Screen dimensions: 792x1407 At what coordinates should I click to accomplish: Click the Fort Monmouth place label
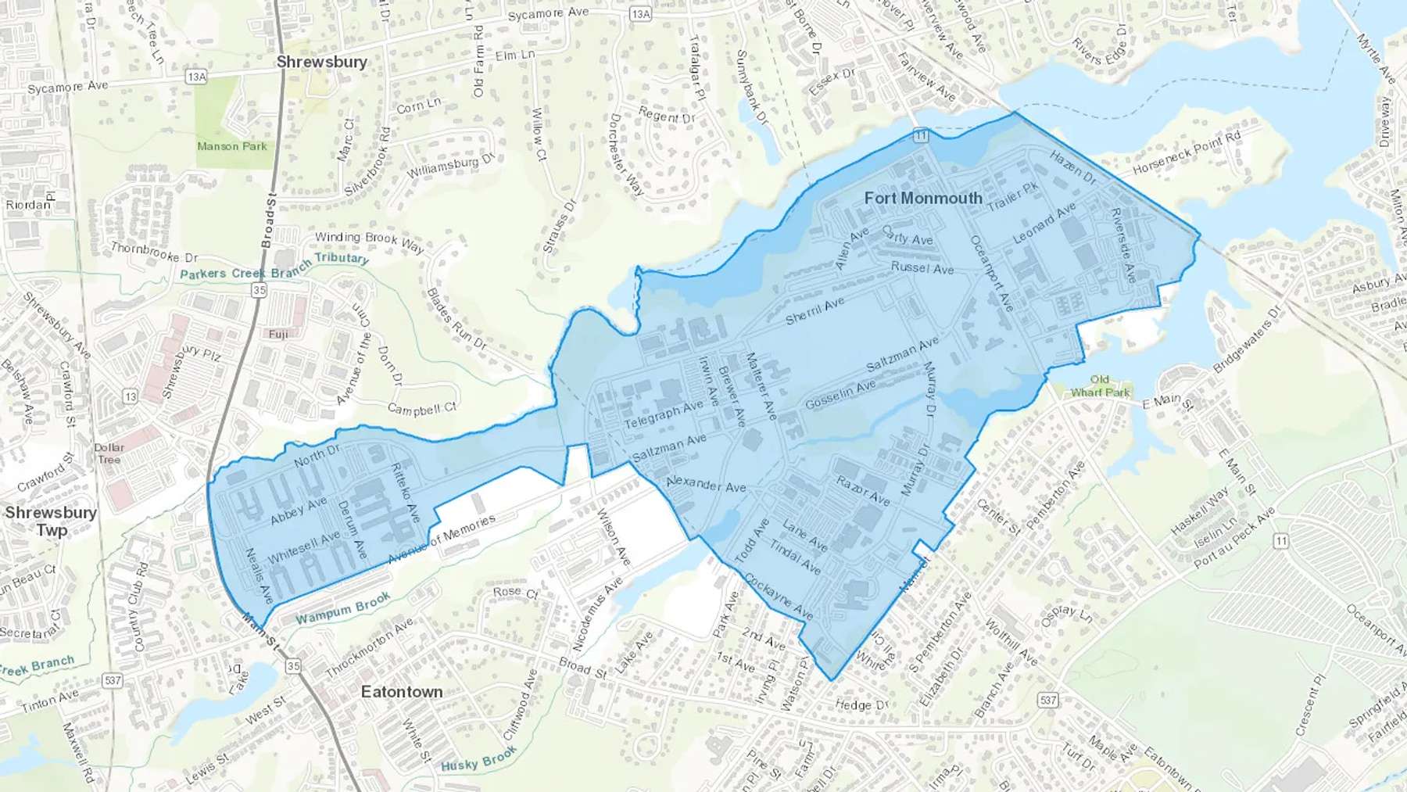[x=923, y=199]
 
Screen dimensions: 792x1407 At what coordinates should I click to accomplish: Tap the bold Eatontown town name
[x=402, y=692]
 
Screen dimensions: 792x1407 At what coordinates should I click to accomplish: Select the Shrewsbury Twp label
[x=51, y=521]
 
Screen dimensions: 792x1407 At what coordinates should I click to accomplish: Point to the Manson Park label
[x=232, y=146]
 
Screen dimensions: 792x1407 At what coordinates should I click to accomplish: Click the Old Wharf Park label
[x=1100, y=386]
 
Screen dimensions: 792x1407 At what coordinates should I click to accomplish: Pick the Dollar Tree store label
[x=109, y=453]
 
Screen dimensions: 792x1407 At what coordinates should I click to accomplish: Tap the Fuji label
[x=278, y=334]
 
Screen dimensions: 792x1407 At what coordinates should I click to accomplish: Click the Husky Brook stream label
[x=478, y=759]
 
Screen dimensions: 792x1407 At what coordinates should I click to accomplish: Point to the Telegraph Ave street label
[x=664, y=415]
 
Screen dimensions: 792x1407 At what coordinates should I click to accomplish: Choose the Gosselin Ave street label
[x=840, y=396]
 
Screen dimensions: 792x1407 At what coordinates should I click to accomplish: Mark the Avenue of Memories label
[x=442, y=540]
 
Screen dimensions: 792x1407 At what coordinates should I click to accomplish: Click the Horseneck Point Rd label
[x=1187, y=153]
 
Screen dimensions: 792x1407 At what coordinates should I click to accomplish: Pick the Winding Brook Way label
[x=369, y=242]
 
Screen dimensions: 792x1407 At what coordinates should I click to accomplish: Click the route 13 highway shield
[x=130, y=396]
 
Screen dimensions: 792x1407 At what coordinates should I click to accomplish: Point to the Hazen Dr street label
[x=1072, y=167]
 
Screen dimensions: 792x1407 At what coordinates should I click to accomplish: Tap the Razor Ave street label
[x=863, y=490]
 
